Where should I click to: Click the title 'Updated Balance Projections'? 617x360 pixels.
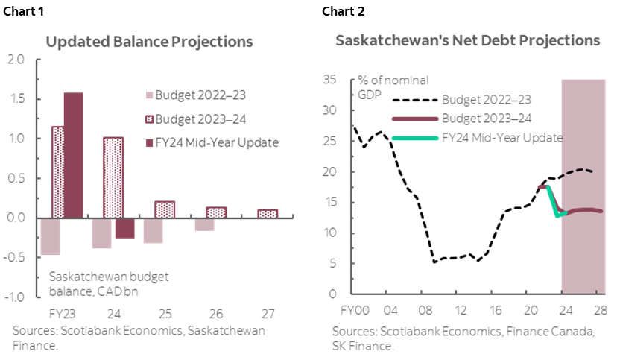pyautogui.click(x=149, y=42)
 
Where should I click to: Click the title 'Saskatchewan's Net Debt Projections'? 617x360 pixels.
pyautogui.click(x=467, y=41)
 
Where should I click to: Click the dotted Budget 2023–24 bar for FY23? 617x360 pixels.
pyautogui.click(x=57, y=171)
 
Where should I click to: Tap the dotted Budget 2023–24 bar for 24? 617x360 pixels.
pyautogui.click(x=113, y=177)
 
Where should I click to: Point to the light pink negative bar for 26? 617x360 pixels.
pyautogui.click(x=205, y=224)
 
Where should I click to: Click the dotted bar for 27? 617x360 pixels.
pyautogui.click(x=268, y=214)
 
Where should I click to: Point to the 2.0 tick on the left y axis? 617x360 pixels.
pyautogui.click(x=16, y=60)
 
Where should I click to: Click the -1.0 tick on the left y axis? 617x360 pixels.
pyautogui.click(x=14, y=297)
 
